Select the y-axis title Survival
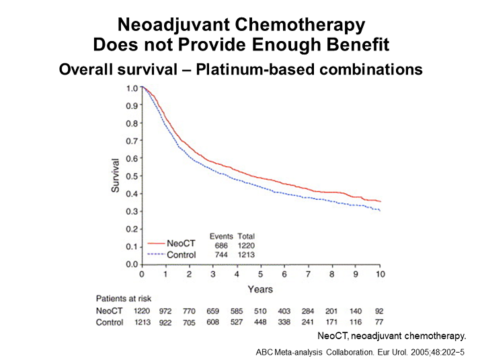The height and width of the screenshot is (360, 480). tap(115, 176)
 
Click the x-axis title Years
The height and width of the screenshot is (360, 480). tap(260, 289)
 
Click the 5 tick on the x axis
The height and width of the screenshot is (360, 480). tap(260, 275)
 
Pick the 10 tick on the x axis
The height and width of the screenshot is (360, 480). tap(380, 275)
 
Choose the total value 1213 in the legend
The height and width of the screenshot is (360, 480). tap(246, 256)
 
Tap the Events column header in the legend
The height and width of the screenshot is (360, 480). tap(221, 236)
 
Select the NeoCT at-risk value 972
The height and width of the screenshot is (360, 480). tap(164, 311)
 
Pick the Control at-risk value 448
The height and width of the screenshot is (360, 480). tap(261, 322)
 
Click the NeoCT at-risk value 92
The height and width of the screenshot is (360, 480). tap(380, 311)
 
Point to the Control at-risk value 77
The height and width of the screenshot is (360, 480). tap(380, 322)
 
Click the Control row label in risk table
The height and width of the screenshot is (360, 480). tap(110, 322)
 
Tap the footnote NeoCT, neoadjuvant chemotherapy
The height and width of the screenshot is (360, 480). tap(391, 334)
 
